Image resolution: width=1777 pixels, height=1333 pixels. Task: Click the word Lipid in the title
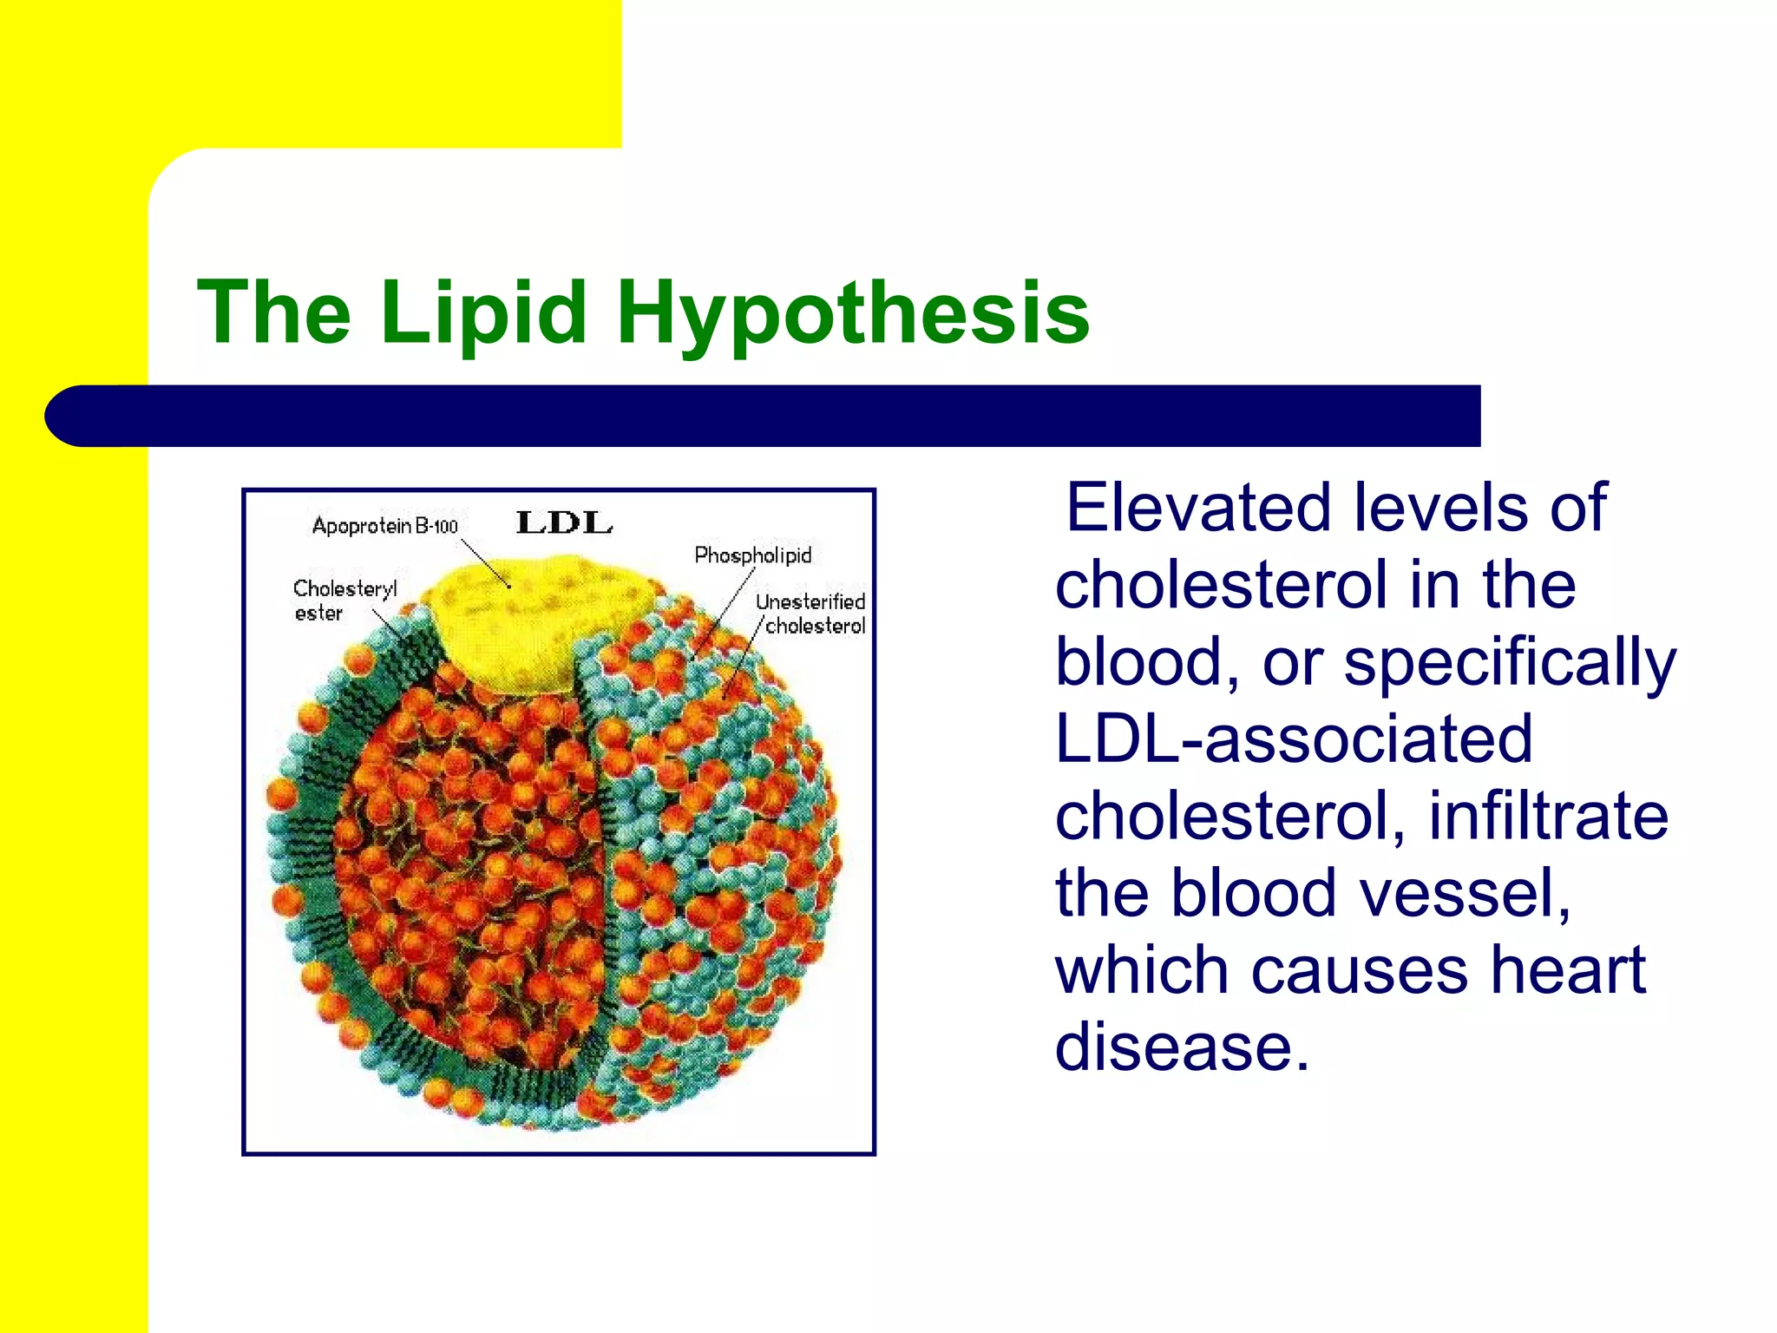coord(483,312)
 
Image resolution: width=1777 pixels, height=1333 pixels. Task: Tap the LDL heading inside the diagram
coord(564,523)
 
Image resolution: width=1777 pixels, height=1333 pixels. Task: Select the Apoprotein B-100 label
coord(384,526)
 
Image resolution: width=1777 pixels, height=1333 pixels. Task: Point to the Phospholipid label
coord(752,555)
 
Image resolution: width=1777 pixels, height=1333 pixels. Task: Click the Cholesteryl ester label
coord(344,601)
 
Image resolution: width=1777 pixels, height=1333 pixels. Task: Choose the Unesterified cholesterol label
coord(810,614)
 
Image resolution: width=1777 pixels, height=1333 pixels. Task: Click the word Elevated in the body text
coord(1197,508)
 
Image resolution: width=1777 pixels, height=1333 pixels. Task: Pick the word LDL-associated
coord(1294,739)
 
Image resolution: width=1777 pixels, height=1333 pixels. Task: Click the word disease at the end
coord(1180,1047)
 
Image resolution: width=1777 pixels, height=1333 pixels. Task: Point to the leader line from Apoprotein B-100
coord(486,564)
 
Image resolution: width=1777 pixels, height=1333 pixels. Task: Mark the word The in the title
coord(274,312)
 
